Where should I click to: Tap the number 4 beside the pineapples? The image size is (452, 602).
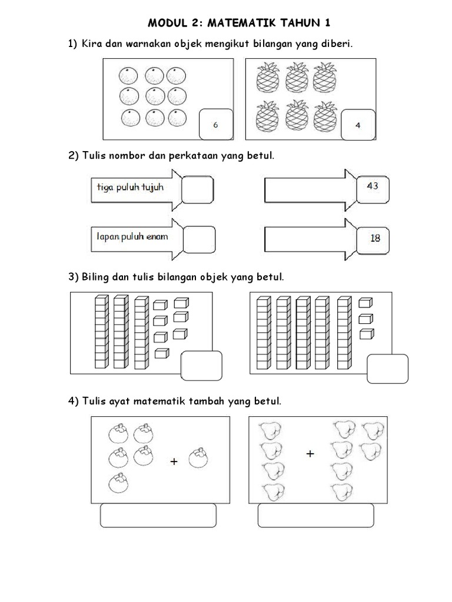[x=358, y=125]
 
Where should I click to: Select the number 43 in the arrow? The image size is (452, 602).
[x=373, y=186]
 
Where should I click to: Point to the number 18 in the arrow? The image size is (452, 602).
[x=375, y=238]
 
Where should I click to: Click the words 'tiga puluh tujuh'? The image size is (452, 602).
[x=130, y=188]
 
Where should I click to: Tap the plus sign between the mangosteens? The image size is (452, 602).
[x=174, y=462]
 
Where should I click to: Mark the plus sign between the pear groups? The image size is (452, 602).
[x=310, y=453]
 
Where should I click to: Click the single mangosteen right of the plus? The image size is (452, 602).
[x=200, y=459]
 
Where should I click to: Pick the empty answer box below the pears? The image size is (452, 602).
[x=316, y=516]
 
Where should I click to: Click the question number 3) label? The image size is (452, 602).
[x=74, y=276]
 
